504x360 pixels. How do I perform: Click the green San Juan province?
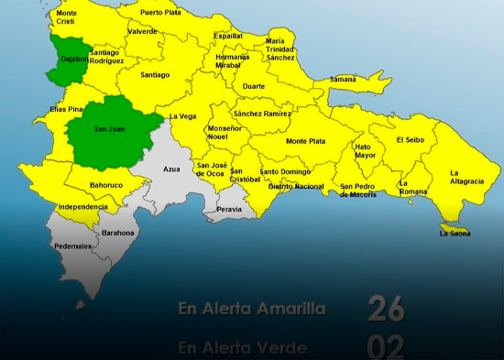pyautogui.click(x=110, y=130)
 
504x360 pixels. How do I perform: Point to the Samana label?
pyautogui.click(x=343, y=79)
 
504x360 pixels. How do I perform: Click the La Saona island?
pyautogui.click(x=455, y=229)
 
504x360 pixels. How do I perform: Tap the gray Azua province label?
pyautogui.click(x=171, y=169)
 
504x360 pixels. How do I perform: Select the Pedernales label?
pyautogui.click(x=72, y=246)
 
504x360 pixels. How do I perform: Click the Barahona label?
pyautogui.click(x=118, y=233)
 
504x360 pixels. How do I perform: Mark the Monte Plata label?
pyautogui.click(x=305, y=141)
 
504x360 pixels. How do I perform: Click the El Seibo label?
pyautogui.click(x=411, y=140)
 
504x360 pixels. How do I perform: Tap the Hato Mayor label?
pyautogui.click(x=365, y=151)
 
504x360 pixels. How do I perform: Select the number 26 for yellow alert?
pyautogui.click(x=386, y=310)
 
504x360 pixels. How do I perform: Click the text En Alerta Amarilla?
pyautogui.click(x=252, y=310)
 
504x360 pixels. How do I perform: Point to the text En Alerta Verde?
pyautogui.click(x=242, y=348)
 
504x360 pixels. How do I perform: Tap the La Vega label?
pyautogui.click(x=182, y=116)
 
